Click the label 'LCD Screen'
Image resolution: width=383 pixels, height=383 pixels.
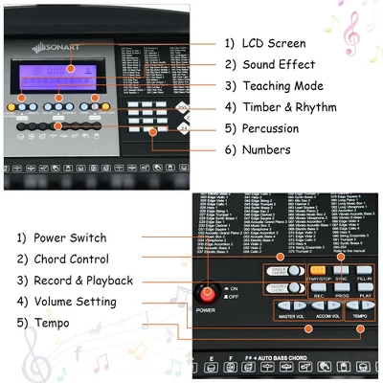(266, 43)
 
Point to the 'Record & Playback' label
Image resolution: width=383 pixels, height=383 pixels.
(82, 280)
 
